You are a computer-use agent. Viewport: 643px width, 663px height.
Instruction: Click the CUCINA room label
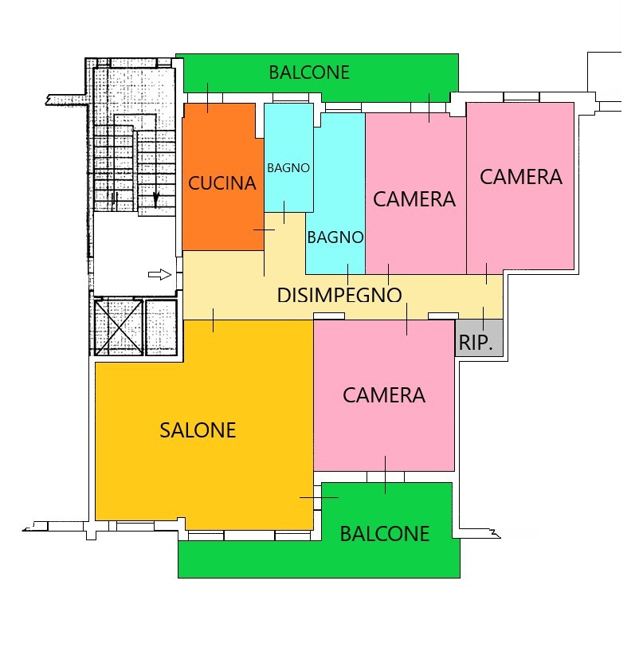click(x=222, y=183)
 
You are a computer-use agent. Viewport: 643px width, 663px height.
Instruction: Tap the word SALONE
click(x=198, y=430)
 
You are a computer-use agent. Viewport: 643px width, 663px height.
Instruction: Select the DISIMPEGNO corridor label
click(x=339, y=295)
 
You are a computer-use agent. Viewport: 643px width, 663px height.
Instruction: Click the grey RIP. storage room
click(x=480, y=338)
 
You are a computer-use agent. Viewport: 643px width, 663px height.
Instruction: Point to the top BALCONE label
click(x=309, y=73)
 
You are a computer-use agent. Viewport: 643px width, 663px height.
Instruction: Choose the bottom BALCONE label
click(x=385, y=534)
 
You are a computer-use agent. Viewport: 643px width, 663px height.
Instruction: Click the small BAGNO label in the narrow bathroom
click(x=288, y=168)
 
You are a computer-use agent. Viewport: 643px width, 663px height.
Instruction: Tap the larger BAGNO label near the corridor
click(x=335, y=237)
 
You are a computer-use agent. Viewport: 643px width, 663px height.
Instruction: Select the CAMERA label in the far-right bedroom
click(x=521, y=177)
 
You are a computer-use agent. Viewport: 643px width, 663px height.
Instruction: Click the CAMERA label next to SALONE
click(x=384, y=395)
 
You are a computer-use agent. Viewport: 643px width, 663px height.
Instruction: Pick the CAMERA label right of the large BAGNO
click(x=414, y=199)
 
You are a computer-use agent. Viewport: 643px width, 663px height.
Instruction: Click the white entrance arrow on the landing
click(x=160, y=275)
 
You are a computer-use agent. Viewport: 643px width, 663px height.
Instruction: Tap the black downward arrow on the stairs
click(x=156, y=198)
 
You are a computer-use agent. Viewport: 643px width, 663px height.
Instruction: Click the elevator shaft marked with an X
click(x=119, y=327)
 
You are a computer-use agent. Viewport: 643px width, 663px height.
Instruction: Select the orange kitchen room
click(x=223, y=177)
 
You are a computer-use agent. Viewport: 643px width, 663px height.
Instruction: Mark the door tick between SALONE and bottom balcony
click(x=319, y=497)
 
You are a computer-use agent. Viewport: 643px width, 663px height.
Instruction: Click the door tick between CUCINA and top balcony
click(x=208, y=98)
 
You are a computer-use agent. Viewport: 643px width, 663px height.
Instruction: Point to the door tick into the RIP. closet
click(x=483, y=319)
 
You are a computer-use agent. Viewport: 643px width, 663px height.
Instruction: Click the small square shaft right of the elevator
click(x=161, y=328)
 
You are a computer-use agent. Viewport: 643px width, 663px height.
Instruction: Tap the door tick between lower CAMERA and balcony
click(x=385, y=475)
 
